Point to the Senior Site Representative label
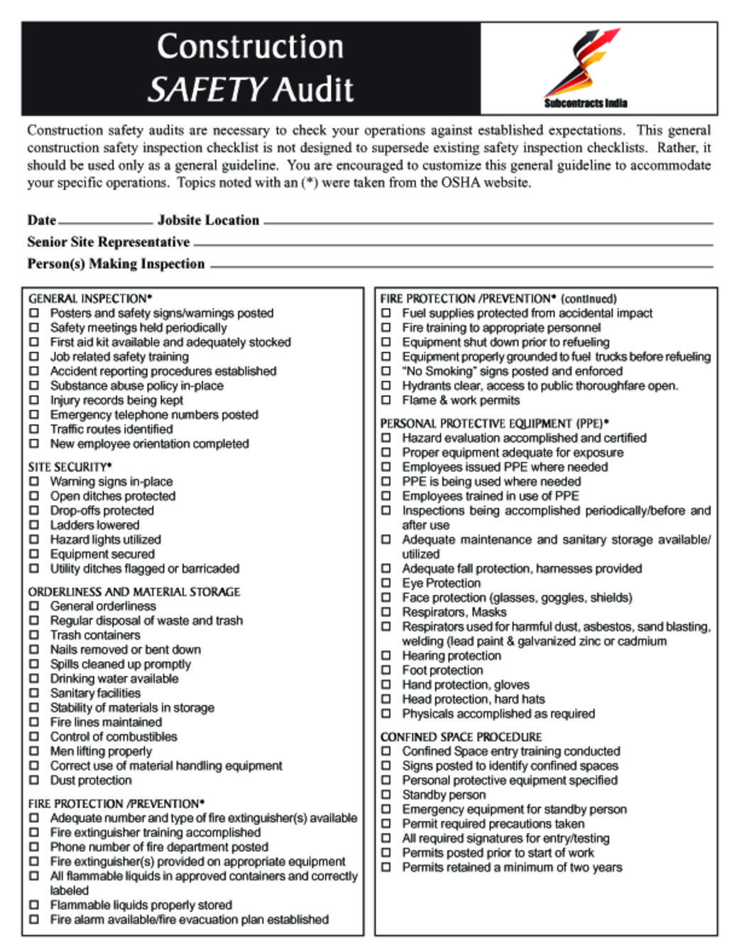109,242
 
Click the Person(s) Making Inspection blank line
461,267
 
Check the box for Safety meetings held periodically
34,327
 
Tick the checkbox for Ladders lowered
34,525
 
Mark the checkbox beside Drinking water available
34,678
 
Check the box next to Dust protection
34,780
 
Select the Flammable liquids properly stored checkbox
34,905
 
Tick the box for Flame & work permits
386,400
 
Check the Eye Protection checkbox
386,583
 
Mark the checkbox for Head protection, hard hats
386,699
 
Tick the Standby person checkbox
386,795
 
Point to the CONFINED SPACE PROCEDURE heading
461,736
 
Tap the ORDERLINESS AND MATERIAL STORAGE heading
134,591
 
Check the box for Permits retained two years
386,867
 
